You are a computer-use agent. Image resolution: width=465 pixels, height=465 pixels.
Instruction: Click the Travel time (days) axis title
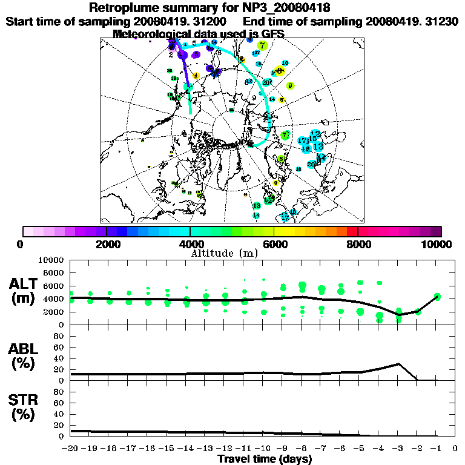pyautogui.click(x=265, y=459)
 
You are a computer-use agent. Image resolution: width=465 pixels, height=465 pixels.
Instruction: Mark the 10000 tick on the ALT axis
pyautogui.click(x=51, y=260)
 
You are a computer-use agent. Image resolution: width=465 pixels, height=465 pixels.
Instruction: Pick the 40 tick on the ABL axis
pyautogui.click(x=59, y=358)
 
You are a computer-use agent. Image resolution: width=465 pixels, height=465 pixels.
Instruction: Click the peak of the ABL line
pyautogui.click(x=398, y=364)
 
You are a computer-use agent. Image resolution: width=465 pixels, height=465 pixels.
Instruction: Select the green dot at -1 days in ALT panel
pyautogui.click(x=437, y=296)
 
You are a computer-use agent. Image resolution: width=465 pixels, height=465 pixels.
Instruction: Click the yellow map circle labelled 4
pyautogui.click(x=196, y=76)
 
